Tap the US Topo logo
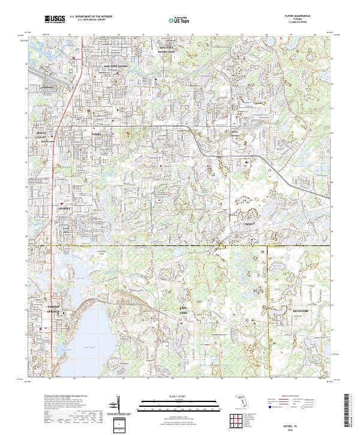click(x=179, y=20)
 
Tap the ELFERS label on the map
click(x=98, y=134)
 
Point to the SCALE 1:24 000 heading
click(x=179, y=396)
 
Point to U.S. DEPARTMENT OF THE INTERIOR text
click(x=89, y=17)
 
